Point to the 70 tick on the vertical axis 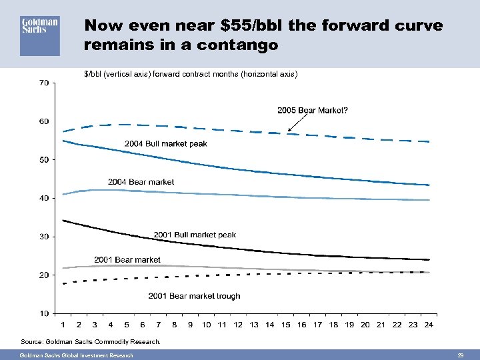coord(43,83)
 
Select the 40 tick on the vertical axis coord(43,198)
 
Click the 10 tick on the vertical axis coord(43,313)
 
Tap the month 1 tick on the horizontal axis coord(63,325)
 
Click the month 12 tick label coord(237,325)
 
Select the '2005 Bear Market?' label coord(312,111)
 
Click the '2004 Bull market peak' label coord(166,143)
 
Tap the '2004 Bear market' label coord(141,182)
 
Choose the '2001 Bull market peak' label coord(195,235)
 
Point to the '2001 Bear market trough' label coord(194,296)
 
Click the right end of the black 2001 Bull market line coord(428,259)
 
